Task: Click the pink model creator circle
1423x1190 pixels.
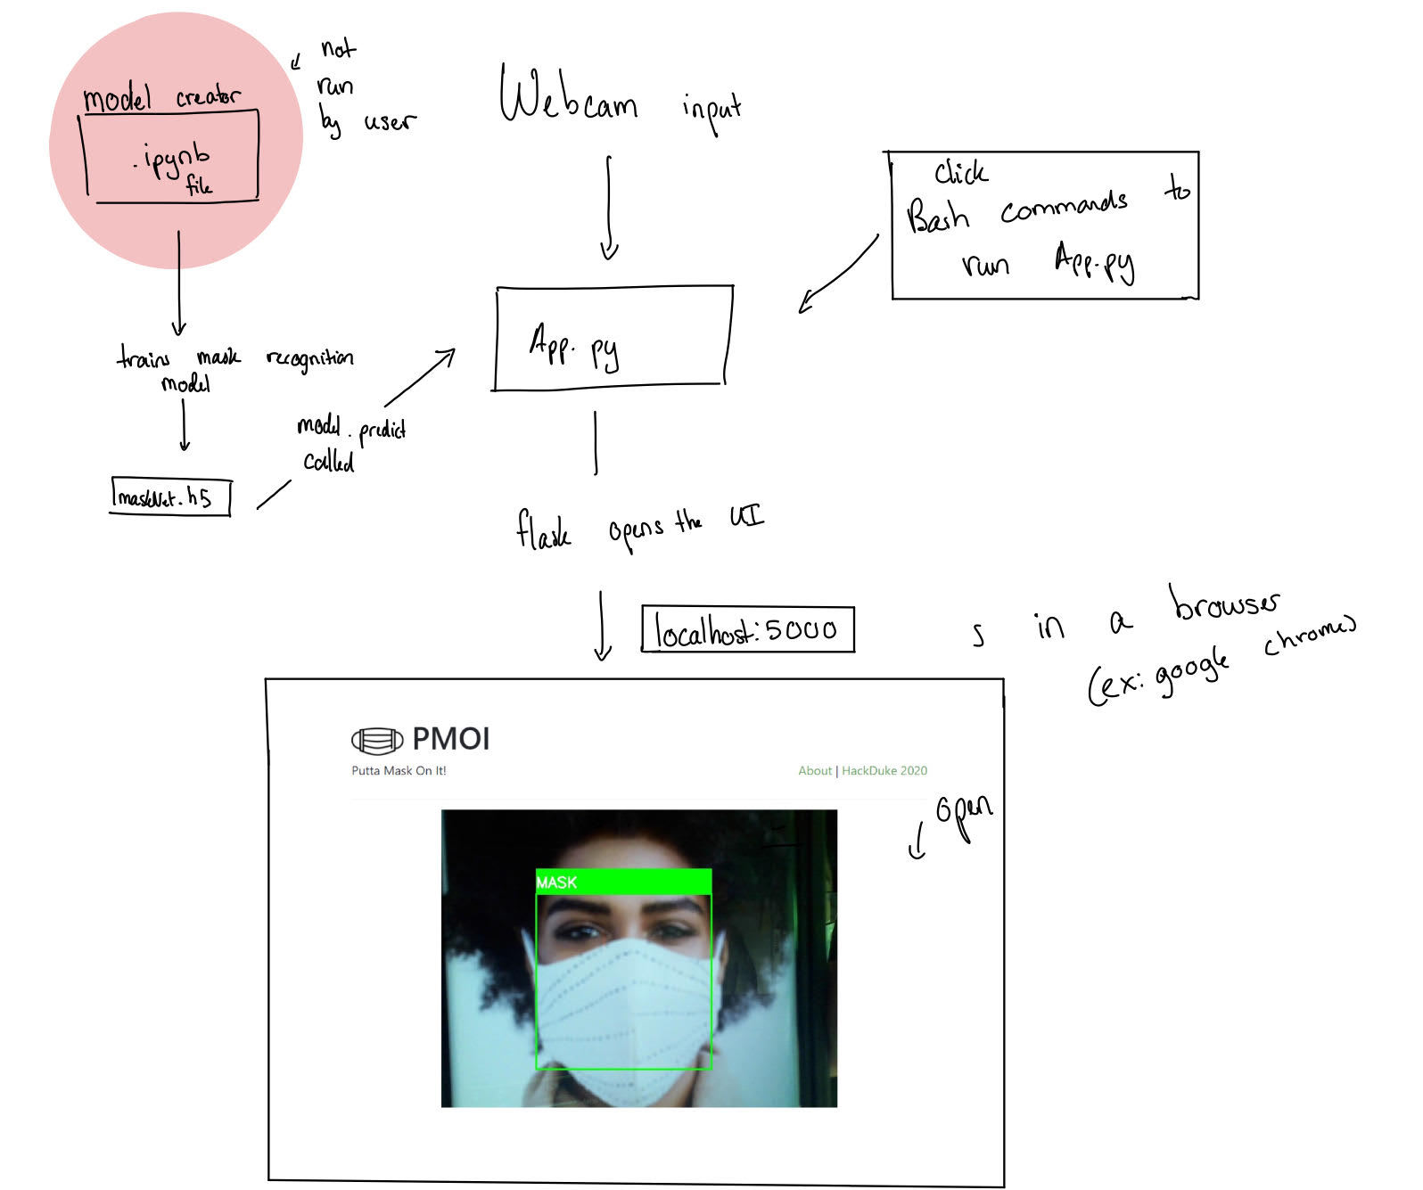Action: click(176, 140)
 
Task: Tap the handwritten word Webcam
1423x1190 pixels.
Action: click(567, 98)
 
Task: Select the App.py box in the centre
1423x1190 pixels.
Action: click(613, 338)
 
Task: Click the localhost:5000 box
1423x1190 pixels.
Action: click(747, 629)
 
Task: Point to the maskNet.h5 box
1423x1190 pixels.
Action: click(169, 497)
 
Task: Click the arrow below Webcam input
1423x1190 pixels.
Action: click(609, 207)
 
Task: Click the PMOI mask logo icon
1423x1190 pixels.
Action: click(377, 740)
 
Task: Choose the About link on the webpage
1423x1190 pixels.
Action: click(815, 770)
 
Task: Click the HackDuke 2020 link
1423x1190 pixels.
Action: click(884, 770)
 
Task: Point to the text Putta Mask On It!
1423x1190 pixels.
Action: click(399, 770)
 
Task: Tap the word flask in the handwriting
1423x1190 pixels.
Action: click(542, 529)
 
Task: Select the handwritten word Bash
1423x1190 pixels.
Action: click(937, 215)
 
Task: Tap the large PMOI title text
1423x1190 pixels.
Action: click(450, 739)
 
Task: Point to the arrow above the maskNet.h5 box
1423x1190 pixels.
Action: click(184, 424)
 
